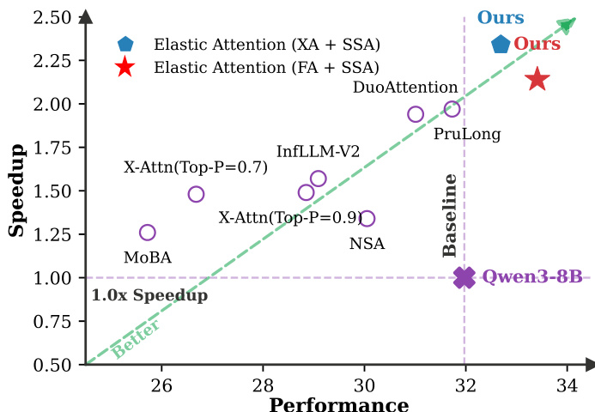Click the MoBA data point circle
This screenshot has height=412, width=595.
click(148, 233)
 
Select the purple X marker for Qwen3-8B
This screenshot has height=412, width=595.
click(464, 277)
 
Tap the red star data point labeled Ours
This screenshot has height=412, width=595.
click(537, 80)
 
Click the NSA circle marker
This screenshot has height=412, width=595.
click(367, 219)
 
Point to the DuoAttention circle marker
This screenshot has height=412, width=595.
click(416, 114)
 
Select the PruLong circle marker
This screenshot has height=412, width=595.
click(452, 109)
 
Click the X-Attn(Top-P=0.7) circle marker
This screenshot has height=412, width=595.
click(196, 194)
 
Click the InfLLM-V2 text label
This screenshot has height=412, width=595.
click(318, 152)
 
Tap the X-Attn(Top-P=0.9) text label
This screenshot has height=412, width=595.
click(290, 217)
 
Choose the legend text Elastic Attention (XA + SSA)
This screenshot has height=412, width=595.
click(267, 44)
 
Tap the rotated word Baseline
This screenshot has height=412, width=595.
click(450, 215)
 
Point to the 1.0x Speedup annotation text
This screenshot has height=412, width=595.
click(149, 296)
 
